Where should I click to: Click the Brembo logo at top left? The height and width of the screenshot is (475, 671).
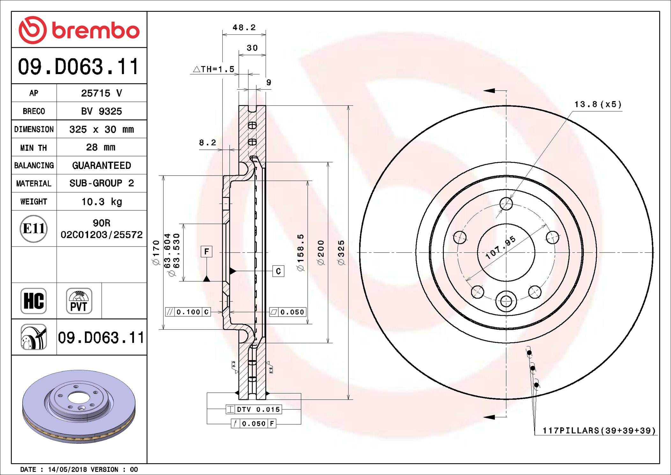[79, 30]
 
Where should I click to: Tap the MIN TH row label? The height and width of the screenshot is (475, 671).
[33, 148]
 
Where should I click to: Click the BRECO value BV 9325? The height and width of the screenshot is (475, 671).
[101, 111]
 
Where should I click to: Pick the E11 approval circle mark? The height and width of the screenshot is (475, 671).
[33, 229]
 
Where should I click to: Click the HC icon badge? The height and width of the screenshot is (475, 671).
[33, 301]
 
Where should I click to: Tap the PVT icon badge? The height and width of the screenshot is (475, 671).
[79, 301]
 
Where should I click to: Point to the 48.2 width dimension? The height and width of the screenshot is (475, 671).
[244, 27]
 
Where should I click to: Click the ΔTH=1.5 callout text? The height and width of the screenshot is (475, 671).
[214, 69]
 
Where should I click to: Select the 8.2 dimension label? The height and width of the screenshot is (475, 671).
[208, 142]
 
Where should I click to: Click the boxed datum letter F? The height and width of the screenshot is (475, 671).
[207, 252]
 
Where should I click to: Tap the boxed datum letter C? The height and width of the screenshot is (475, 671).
[278, 271]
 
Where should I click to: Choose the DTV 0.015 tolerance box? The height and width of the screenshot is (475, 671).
[254, 409]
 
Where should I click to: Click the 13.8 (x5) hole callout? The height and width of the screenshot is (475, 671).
[598, 104]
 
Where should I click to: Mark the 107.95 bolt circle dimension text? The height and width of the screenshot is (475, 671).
[500, 247]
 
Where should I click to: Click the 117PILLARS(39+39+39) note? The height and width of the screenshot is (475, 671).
[599, 431]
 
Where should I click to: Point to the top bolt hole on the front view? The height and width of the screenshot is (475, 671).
[506, 204]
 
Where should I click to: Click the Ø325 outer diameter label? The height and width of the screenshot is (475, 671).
[341, 253]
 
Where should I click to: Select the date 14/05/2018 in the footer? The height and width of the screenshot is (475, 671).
[67, 470]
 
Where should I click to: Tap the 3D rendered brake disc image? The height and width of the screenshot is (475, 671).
[79, 406]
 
